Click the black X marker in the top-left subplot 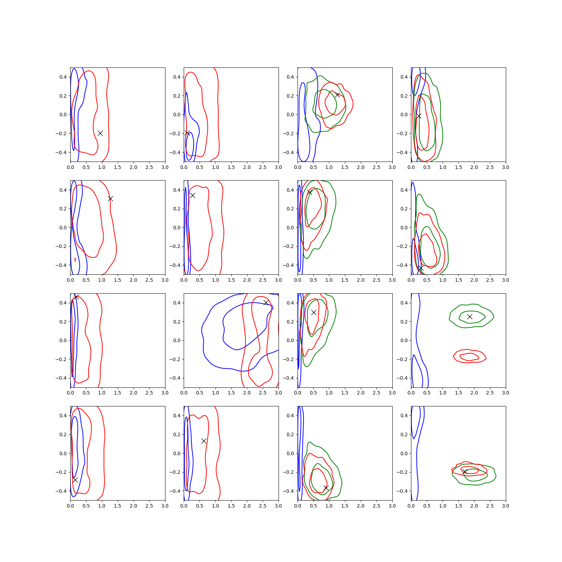(100, 133)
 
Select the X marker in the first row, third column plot (337, 95)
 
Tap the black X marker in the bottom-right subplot (465, 472)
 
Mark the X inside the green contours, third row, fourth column (470, 316)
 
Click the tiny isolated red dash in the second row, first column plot (75, 260)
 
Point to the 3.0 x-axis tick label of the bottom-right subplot (505, 506)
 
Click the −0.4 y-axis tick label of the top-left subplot (61, 152)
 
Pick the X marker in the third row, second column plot (266, 302)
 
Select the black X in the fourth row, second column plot (204, 441)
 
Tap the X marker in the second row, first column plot (110, 198)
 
